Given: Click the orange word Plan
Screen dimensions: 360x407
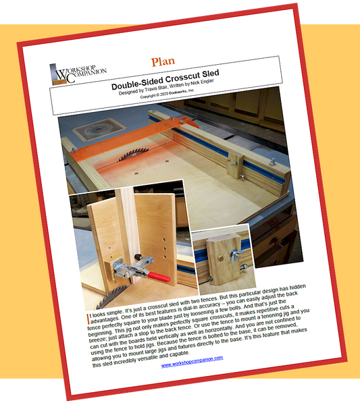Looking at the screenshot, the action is click(x=163, y=62).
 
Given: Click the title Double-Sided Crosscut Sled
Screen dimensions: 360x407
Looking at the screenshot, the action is click(x=165, y=80).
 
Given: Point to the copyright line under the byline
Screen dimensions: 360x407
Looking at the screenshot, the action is click(x=167, y=94).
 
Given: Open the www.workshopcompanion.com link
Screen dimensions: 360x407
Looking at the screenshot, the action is click(x=192, y=362).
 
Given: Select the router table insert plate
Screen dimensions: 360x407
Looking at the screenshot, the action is click(x=99, y=130).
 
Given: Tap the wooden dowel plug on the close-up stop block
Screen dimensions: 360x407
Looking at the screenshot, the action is click(x=220, y=258).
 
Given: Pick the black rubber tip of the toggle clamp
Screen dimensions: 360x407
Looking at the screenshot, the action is click(x=137, y=257).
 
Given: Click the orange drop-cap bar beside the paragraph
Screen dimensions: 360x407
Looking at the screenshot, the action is click(x=88, y=319).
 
